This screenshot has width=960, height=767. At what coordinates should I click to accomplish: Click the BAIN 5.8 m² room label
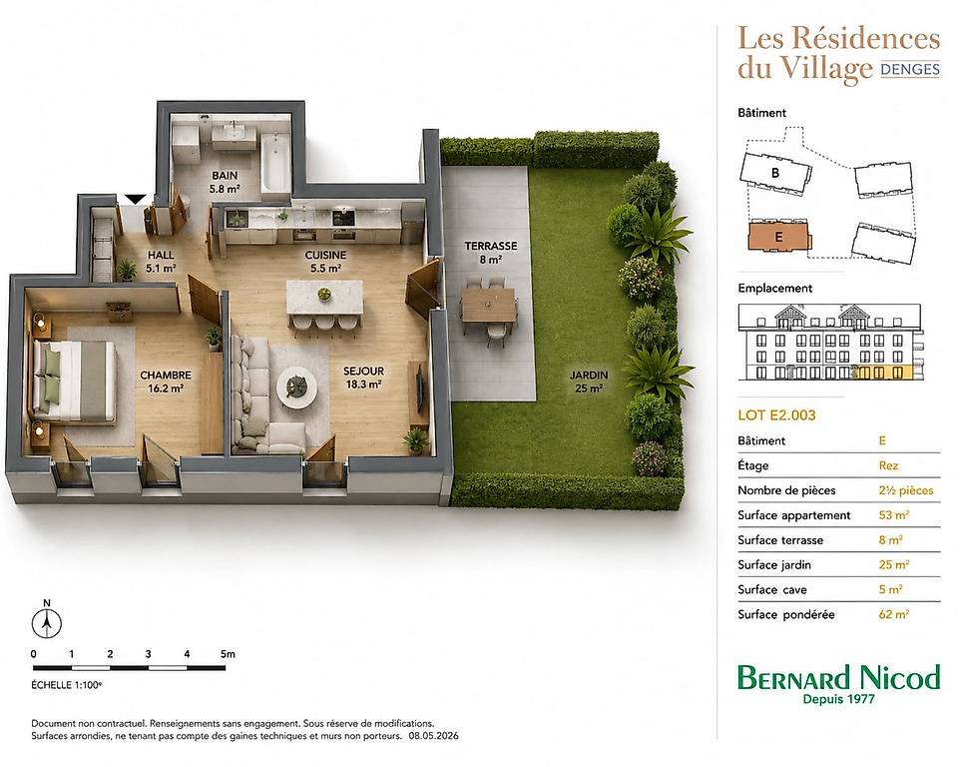click(x=225, y=182)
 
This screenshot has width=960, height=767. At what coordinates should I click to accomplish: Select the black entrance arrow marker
click(x=135, y=199)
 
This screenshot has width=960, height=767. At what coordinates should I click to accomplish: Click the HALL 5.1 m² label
click(x=161, y=261)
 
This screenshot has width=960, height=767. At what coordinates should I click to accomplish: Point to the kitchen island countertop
click(x=324, y=298)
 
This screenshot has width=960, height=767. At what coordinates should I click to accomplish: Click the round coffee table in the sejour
click(x=296, y=385)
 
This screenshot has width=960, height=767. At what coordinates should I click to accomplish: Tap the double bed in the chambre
click(x=74, y=382)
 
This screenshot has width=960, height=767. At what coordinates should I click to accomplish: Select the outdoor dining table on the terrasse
click(x=489, y=305)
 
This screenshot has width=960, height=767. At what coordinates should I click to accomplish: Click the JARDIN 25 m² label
click(x=589, y=382)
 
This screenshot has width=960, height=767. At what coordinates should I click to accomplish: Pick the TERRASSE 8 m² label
click(x=490, y=253)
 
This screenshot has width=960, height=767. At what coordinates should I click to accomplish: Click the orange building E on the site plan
click(x=778, y=236)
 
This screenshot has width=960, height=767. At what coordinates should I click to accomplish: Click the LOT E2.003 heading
click(x=776, y=415)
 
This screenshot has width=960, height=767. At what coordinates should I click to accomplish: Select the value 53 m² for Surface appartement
click(x=893, y=514)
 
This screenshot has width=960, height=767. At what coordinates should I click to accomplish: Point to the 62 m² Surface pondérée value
click(x=893, y=614)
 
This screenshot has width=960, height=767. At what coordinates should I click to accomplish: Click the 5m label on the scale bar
click(x=228, y=654)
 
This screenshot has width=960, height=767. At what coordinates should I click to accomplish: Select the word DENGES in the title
click(x=910, y=69)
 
